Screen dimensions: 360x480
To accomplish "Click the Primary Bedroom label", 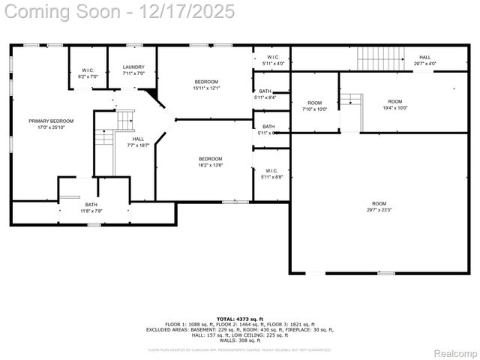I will click(x=51, y=124).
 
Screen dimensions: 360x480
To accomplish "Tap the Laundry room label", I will click(x=133, y=70).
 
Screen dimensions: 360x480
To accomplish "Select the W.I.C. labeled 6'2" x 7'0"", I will click(x=87, y=73).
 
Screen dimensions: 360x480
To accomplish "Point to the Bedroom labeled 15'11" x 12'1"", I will click(x=206, y=85).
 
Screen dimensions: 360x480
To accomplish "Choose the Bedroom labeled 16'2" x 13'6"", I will click(x=210, y=162).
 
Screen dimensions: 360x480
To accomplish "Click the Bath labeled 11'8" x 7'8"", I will click(x=91, y=208).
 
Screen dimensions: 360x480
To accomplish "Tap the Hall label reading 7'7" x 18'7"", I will click(x=139, y=142).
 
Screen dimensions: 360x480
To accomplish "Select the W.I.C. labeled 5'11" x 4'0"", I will click(x=271, y=61).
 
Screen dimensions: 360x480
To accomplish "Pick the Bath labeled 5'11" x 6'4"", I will click(x=265, y=94).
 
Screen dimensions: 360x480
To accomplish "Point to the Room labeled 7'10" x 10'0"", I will click(x=314, y=106).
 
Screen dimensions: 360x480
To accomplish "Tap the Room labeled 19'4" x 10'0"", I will click(x=394, y=103).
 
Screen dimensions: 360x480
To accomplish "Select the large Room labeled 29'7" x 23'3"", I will click(x=379, y=207).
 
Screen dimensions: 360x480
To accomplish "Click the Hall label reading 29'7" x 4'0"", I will click(x=424, y=61).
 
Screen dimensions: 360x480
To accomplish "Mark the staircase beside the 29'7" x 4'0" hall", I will click(x=380, y=57).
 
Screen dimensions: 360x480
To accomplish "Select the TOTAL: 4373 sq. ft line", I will click(x=240, y=319).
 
